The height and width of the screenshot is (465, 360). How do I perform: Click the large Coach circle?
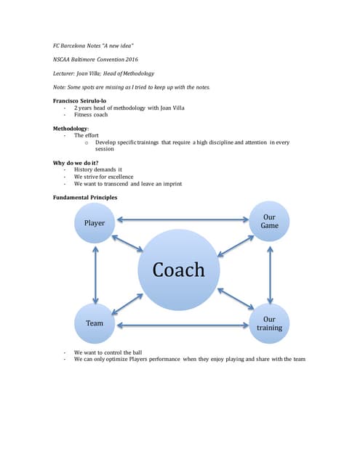click(178, 270)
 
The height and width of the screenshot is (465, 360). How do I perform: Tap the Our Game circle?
click(269, 221)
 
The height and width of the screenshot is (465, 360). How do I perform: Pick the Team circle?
click(95, 323)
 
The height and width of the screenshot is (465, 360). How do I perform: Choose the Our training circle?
click(269, 323)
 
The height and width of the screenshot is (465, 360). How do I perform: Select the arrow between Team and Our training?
click(182, 323)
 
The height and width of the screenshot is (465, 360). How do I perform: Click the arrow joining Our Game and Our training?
click(270, 272)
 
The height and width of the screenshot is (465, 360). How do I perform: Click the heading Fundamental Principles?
click(86, 197)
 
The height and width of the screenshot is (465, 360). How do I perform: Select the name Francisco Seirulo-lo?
click(81, 100)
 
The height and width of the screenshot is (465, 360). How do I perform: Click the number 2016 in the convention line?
click(131, 59)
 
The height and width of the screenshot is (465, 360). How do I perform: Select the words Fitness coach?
click(90, 114)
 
